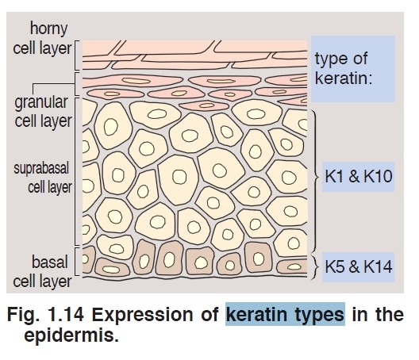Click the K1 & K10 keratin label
(x=358, y=177)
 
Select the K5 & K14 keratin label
(x=358, y=266)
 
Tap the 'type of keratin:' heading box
(x=352, y=69)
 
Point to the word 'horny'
(x=48, y=29)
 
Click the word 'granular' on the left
(x=41, y=103)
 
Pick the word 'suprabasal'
(x=41, y=169)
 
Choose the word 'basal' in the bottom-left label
(x=50, y=262)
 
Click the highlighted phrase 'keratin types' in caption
(x=285, y=314)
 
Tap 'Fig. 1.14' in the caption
(x=45, y=314)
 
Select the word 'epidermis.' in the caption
(x=71, y=335)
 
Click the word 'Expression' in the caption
(x=142, y=314)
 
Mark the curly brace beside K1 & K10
(x=316, y=177)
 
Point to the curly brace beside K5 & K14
(x=316, y=266)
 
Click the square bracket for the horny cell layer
(x=75, y=56)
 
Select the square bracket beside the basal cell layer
(x=75, y=261)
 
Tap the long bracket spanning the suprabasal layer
(x=75, y=171)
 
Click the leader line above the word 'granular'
(x=53, y=84)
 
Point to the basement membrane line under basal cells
(x=194, y=278)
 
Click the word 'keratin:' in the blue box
(x=344, y=78)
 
